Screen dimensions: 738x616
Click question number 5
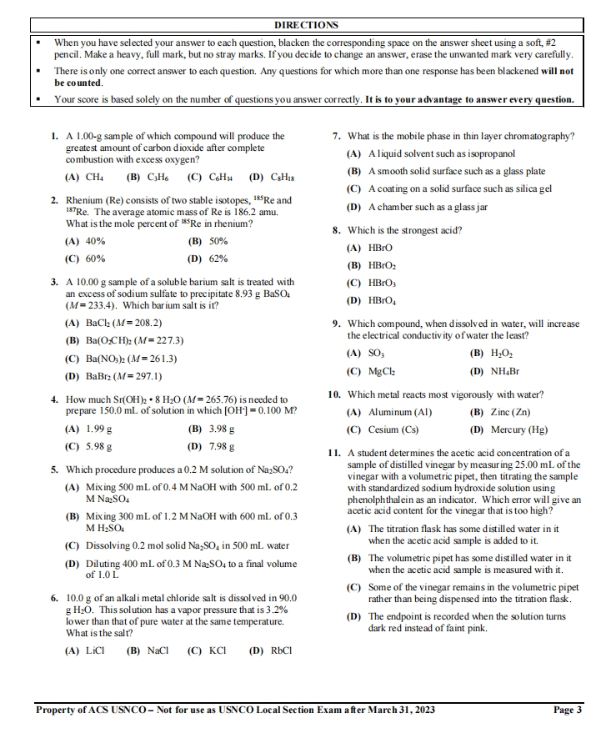(x=54, y=469)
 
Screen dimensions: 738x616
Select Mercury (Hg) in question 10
(x=521, y=429)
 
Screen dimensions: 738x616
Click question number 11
(x=333, y=452)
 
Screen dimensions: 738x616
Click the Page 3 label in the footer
(x=568, y=710)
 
